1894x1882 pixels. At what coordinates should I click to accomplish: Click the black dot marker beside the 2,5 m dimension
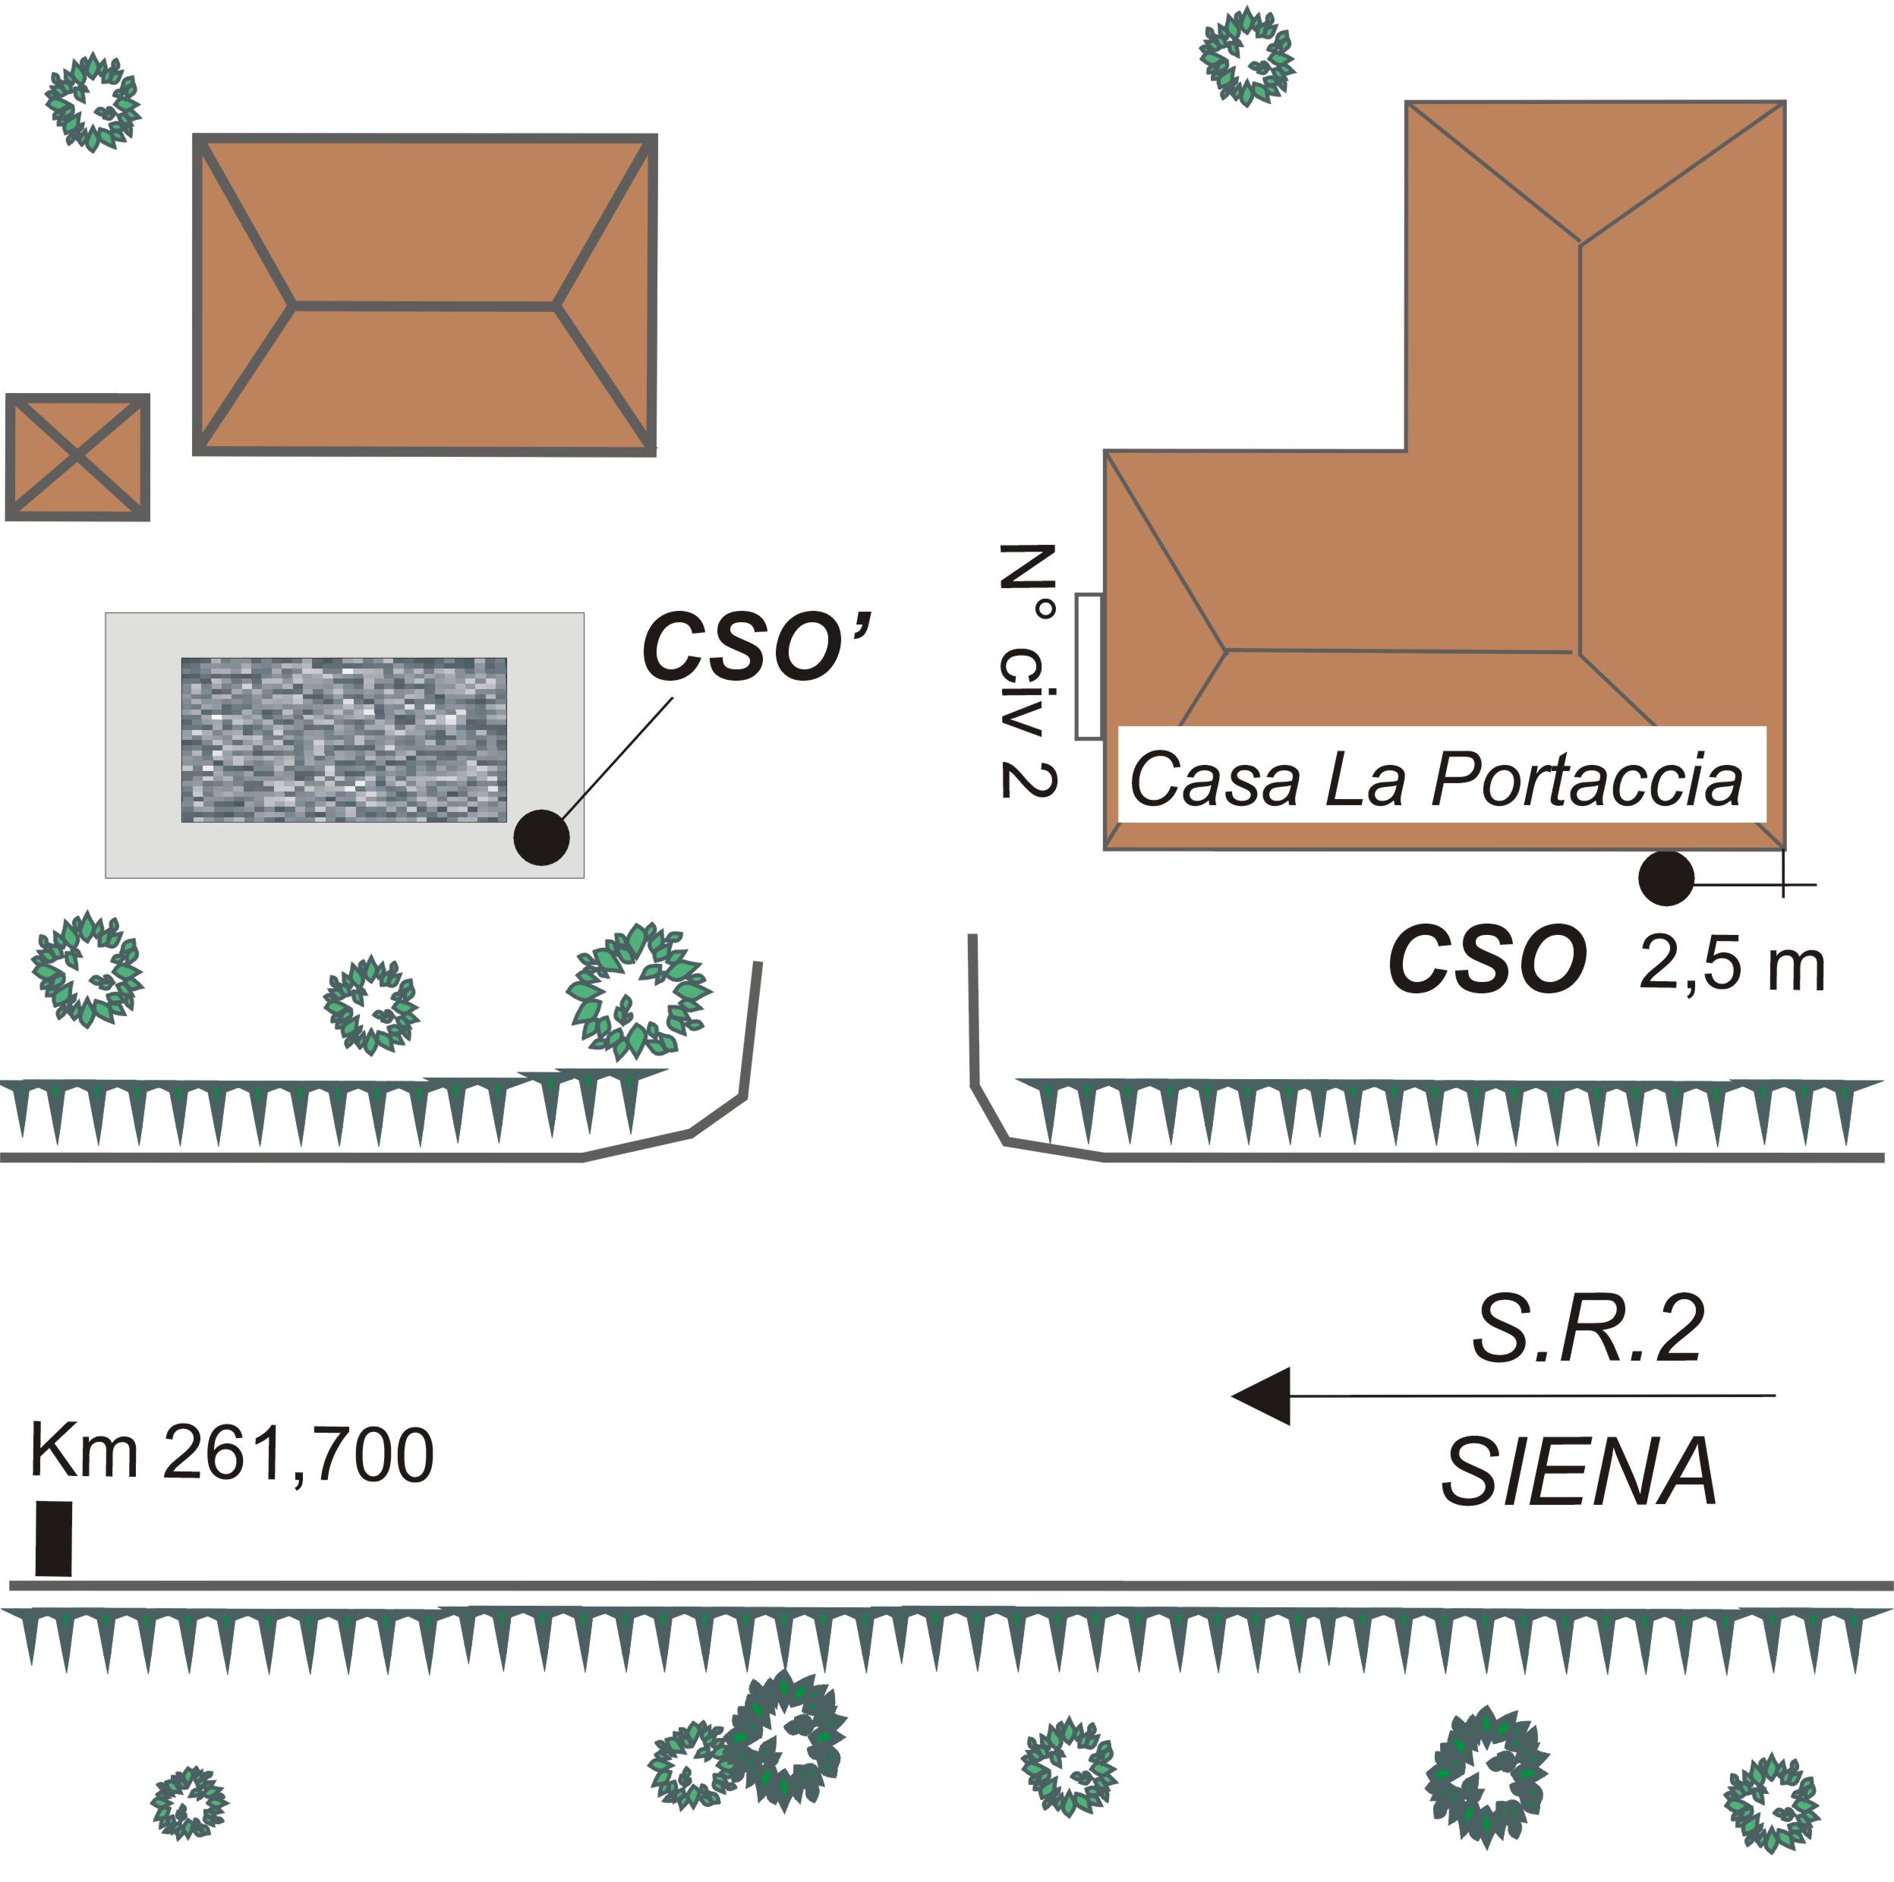(1666, 878)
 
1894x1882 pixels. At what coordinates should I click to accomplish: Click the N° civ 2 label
(1026, 671)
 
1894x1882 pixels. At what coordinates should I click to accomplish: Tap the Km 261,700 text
(232, 1452)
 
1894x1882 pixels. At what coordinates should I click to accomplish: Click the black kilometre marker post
(54, 1538)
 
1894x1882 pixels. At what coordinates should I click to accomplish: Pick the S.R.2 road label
(1587, 1330)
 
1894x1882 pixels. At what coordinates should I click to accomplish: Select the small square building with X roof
(77, 457)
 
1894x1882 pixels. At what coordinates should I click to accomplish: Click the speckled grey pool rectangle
(344, 740)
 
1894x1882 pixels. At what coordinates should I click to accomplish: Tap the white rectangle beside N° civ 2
(1088, 666)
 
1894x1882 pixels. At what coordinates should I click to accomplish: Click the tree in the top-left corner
(93, 101)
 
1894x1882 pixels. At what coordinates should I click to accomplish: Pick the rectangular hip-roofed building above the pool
(424, 294)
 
